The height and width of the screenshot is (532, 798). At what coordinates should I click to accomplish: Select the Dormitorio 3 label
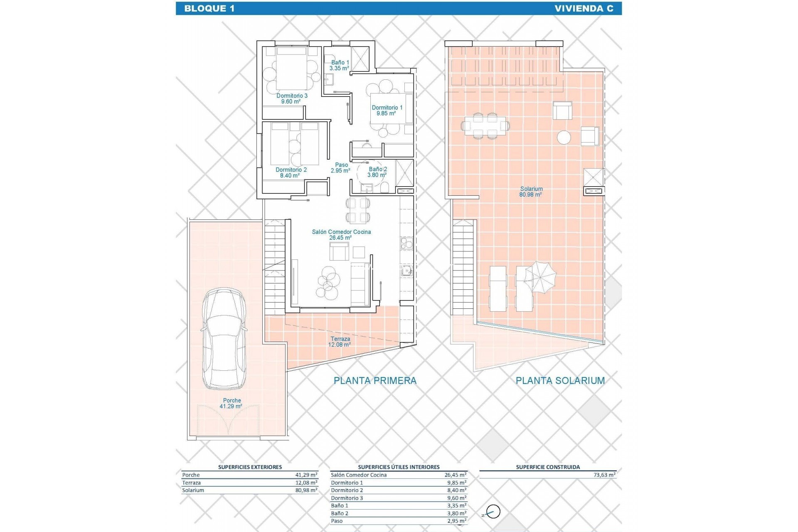[x=292, y=99]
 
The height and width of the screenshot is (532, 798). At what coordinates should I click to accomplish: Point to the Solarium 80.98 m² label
[x=531, y=192]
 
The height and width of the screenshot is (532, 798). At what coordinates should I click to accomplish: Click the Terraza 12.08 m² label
[x=340, y=342]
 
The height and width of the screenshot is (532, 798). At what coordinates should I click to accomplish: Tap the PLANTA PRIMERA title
[x=375, y=380]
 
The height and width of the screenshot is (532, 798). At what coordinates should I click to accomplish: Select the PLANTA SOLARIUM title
[x=560, y=380]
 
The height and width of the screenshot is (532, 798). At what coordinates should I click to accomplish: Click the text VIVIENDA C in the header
[x=584, y=8]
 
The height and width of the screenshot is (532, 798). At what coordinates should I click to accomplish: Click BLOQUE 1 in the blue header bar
[x=209, y=8]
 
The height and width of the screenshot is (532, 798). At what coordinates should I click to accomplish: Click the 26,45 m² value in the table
[x=455, y=475]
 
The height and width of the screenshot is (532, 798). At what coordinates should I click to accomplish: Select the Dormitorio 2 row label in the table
[x=347, y=490]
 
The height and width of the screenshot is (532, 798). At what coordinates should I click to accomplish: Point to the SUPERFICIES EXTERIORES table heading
[x=250, y=467]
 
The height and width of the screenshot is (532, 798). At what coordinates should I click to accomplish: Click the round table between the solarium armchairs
[x=564, y=137]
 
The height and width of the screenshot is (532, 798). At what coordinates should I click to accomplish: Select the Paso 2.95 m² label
[x=341, y=168]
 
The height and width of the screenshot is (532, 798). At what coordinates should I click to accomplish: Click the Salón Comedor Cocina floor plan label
[x=341, y=235]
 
